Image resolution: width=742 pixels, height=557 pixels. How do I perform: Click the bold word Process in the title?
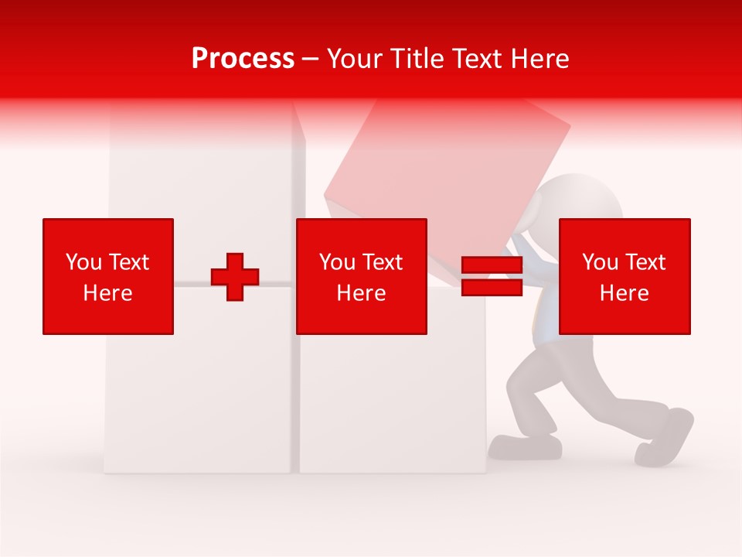click(x=243, y=59)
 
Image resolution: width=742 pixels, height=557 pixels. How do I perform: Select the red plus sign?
click(x=235, y=277)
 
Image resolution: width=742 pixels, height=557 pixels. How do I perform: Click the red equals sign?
click(x=492, y=277)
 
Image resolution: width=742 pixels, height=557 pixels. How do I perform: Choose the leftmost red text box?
click(x=108, y=276)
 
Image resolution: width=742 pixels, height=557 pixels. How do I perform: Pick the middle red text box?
click(x=361, y=276)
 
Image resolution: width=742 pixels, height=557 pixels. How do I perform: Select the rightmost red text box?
click(x=625, y=276)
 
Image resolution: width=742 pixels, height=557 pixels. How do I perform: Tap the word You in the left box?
click(x=83, y=262)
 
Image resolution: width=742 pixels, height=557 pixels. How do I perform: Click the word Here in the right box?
click(x=625, y=293)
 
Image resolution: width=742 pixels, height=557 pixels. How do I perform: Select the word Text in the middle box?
click(x=383, y=262)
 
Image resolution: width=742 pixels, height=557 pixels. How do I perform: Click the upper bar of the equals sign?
click(x=492, y=265)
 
